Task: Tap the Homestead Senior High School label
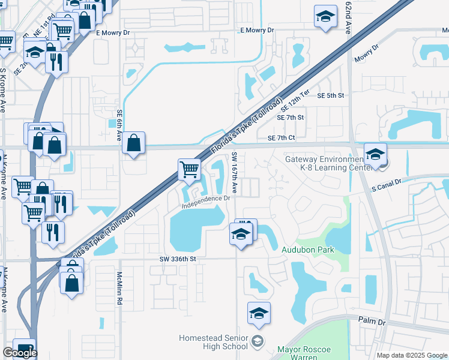(213, 342)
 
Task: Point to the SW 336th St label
(178, 259)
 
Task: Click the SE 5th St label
(330, 96)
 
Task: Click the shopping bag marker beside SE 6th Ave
(134, 143)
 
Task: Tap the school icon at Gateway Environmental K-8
(375, 154)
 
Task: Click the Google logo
(20, 353)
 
